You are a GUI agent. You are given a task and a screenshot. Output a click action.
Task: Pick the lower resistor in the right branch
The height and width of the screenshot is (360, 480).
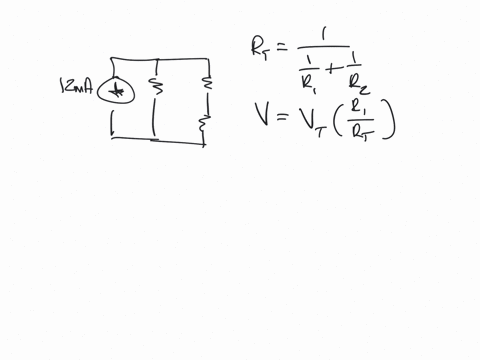[x=205, y=126]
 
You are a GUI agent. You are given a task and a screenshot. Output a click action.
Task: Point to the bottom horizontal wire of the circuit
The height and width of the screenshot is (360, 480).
[x=160, y=139]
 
